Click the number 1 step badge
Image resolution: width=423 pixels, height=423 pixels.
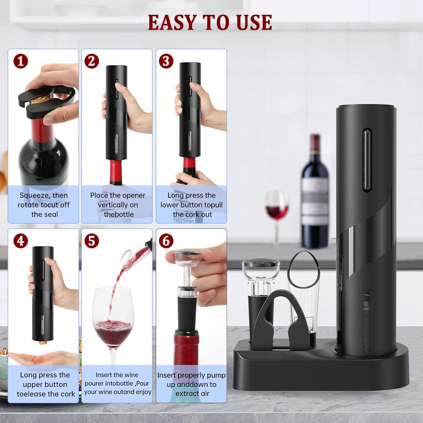20,61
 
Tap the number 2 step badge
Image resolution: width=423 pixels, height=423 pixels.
91,61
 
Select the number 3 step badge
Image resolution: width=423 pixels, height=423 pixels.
166,61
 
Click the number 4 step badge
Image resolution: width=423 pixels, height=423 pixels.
20,241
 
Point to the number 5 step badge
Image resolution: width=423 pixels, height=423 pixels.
91,241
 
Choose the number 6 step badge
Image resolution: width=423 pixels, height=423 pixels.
166,241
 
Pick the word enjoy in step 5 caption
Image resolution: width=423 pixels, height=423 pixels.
143,392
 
